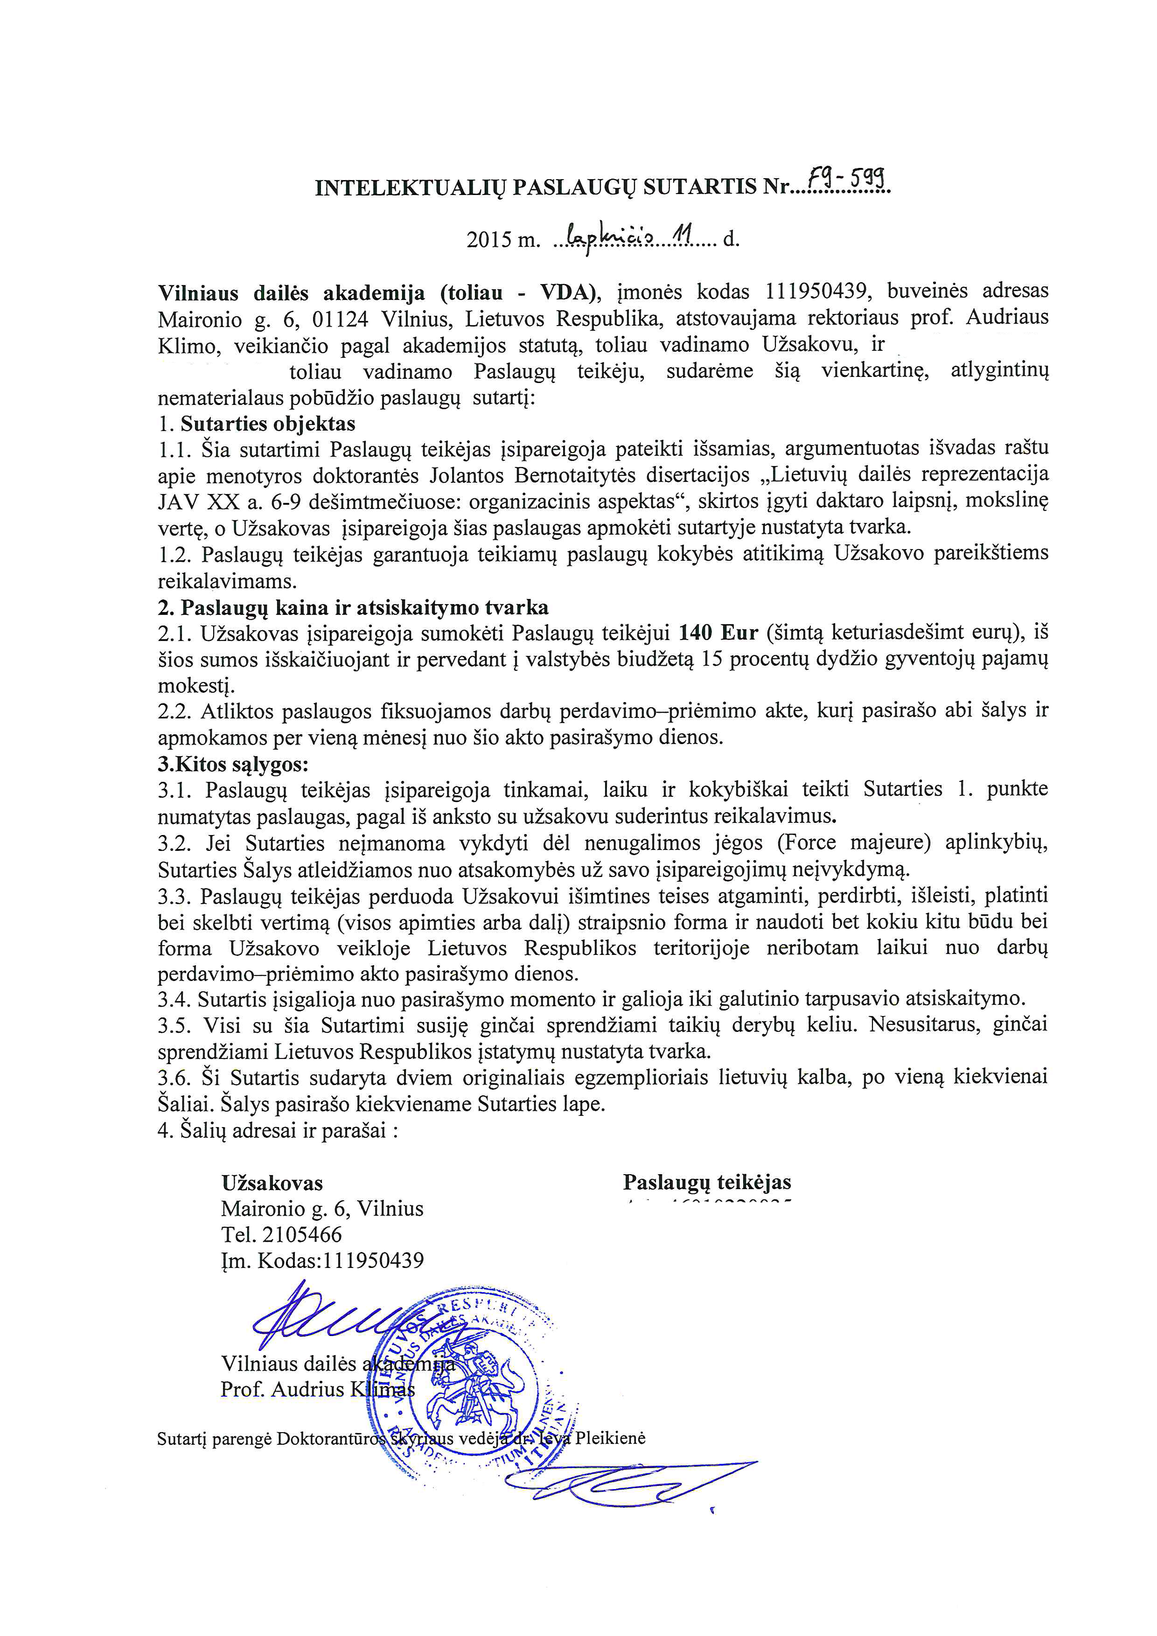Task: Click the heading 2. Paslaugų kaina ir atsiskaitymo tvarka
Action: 353,607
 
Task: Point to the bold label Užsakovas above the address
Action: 272,1183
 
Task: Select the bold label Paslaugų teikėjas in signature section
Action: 707,1182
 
